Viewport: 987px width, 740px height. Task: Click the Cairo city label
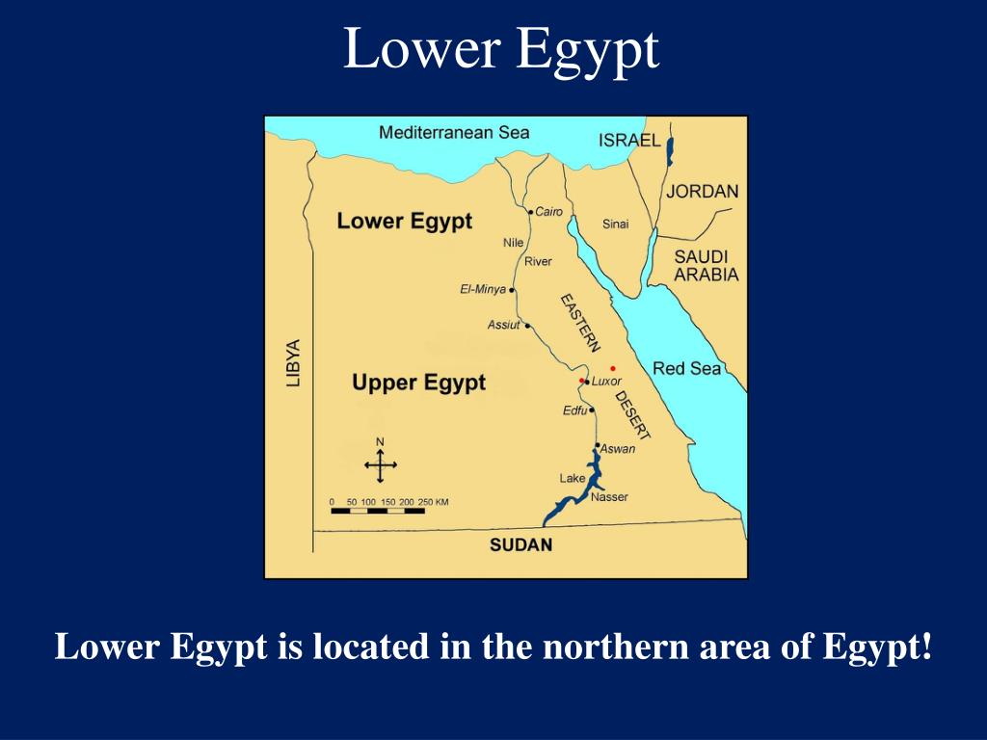coord(548,212)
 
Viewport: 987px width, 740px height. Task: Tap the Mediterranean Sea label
coord(454,132)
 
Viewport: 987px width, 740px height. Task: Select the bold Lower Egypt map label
coord(404,222)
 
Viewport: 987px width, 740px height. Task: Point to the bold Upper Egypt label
coord(418,383)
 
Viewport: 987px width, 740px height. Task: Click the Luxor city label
coord(606,382)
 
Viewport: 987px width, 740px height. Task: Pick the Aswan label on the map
coord(618,449)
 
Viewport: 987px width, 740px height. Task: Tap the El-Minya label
coord(483,289)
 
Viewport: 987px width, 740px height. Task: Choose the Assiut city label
coord(503,325)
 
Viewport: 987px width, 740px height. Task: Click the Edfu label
coord(574,411)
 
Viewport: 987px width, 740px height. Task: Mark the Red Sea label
coord(686,368)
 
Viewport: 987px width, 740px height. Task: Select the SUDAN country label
coord(520,545)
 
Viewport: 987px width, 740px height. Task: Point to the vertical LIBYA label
coord(293,362)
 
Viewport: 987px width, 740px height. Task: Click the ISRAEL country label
coord(629,141)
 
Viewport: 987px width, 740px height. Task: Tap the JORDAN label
coord(702,191)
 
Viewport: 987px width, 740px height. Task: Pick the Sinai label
coord(615,225)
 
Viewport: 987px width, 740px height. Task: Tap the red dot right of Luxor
coord(613,368)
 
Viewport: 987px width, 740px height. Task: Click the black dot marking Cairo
coord(530,212)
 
